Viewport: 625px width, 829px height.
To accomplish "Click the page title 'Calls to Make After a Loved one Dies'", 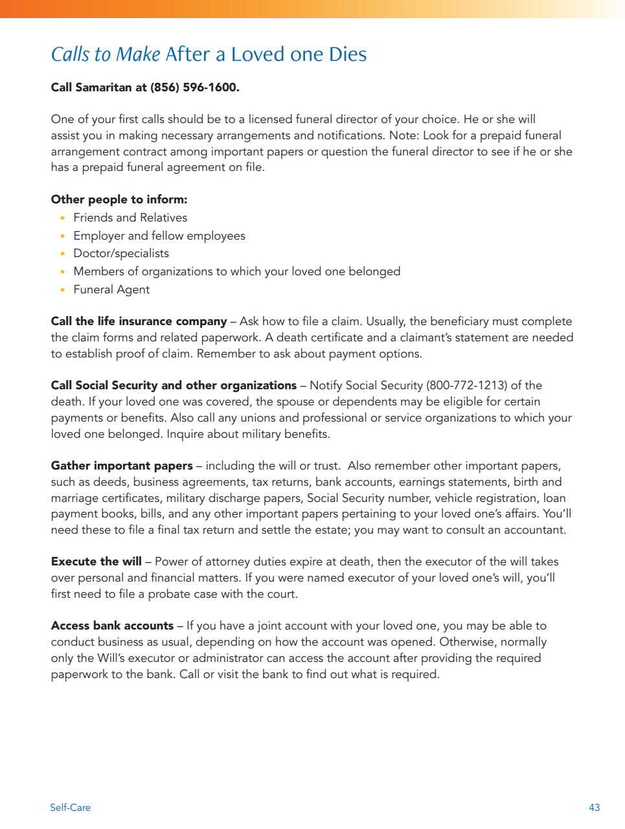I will coord(209,54).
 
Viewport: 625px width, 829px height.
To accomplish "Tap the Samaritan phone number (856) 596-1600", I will coord(194,87).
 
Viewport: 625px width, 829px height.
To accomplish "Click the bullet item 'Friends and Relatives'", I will coord(130,218).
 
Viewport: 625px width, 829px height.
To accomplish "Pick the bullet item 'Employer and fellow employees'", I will coord(159,236).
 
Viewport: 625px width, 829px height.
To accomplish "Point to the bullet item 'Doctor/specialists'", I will coord(121,253).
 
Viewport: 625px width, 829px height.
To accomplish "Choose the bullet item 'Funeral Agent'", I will coord(111,290).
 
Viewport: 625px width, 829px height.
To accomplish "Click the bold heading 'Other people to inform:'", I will coord(119,199).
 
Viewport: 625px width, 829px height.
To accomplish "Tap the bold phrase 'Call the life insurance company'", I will coord(139,321).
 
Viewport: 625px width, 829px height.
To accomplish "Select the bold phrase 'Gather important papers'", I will coord(122,466).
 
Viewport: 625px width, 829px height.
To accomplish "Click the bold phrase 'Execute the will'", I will coord(96,562).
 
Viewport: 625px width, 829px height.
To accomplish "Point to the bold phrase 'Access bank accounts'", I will coord(112,626).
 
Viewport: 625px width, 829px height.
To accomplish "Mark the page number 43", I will coord(594,808).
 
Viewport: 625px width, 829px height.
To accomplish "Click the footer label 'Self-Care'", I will coord(70,808).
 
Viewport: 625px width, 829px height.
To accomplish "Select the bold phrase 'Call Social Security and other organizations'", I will coord(174,385).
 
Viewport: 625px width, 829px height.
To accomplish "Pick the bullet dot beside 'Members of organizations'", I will coord(62,272).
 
